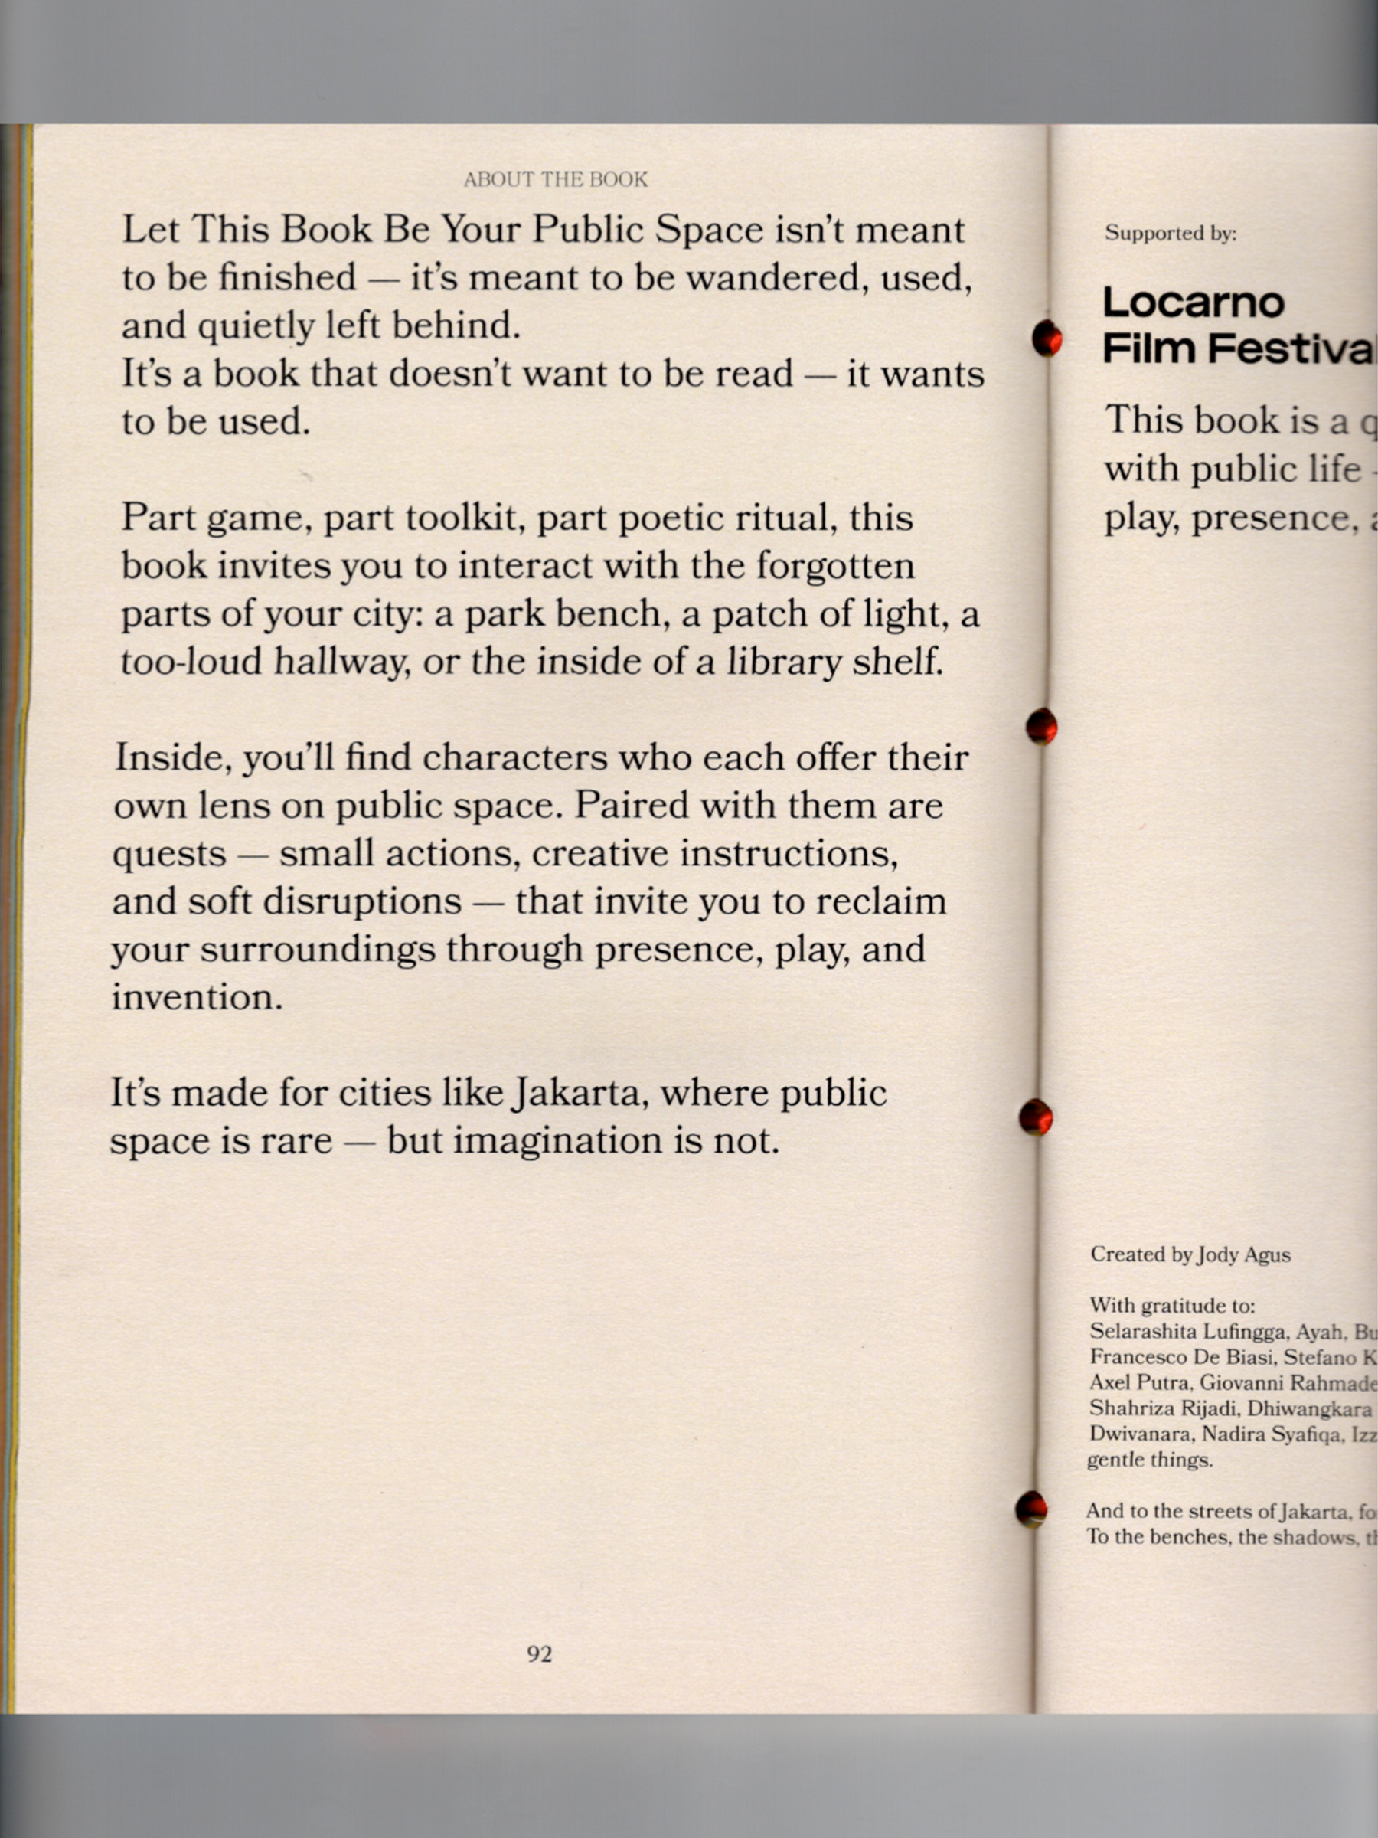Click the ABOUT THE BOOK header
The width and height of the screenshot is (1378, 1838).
click(555, 179)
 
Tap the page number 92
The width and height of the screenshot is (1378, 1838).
click(539, 1653)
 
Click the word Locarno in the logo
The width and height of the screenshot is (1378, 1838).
click(1193, 303)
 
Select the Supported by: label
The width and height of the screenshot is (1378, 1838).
click(1171, 234)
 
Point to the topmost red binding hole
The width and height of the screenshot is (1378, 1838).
click(1047, 338)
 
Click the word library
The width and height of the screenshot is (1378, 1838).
click(784, 662)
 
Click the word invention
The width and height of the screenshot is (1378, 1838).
click(197, 997)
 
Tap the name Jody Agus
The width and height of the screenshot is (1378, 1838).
click(1243, 1254)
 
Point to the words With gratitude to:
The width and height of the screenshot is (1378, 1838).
click(1171, 1307)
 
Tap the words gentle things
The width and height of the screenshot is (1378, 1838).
click(1150, 1460)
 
